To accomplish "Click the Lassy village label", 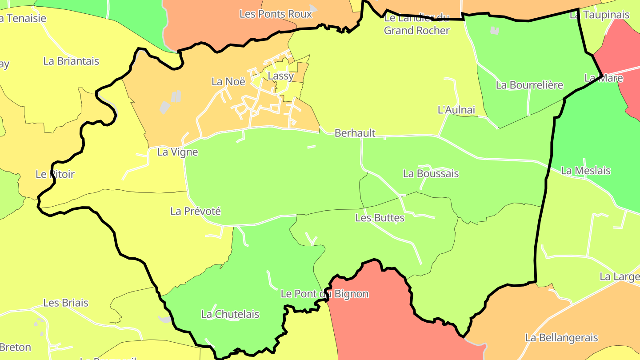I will coord(281,76).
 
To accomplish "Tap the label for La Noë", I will coord(228,81).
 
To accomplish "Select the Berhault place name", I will coord(355,133).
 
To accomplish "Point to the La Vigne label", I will coord(178,152).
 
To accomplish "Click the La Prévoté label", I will coord(196,211).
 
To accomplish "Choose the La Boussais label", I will coord(431,173).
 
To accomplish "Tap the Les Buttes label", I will coord(380,218).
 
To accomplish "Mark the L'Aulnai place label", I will coord(456,110).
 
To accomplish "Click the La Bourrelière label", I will coord(529,85).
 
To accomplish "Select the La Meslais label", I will coord(586,171).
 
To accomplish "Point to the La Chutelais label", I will coord(230,314).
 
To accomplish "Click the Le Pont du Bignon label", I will coord(324,294).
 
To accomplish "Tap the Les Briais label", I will coord(66,303).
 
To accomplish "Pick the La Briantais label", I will coord(71,61).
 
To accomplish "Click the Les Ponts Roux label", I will coord(276,14).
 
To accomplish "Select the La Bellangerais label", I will coord(561,338).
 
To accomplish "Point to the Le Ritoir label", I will coord(55,174).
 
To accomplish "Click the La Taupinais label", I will coord(600,15).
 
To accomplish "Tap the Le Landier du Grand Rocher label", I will coord(417,24).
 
